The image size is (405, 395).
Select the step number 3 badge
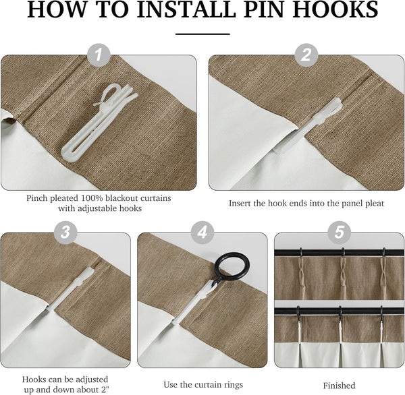[65, 233]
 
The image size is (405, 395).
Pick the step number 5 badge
[339, 233]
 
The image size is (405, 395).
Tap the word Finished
[339, 386]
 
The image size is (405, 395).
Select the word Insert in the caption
[242, 203]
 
